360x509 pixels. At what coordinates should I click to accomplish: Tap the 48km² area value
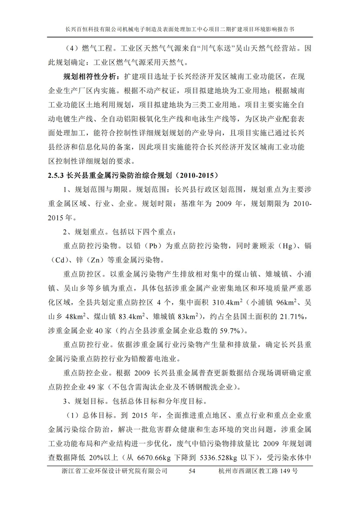point(76,315)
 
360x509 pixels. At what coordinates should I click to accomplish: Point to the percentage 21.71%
point(291,315)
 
